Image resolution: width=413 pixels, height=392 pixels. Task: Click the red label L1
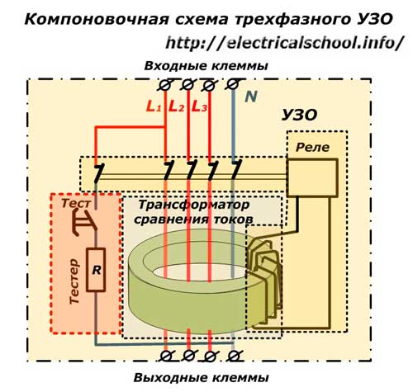154,107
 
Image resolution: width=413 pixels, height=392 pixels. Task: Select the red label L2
176,107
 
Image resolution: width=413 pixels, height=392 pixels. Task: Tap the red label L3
199,107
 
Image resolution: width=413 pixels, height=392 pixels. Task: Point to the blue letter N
249,97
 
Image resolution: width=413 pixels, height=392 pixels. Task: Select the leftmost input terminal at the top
166,83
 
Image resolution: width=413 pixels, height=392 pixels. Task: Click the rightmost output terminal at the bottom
235,356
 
